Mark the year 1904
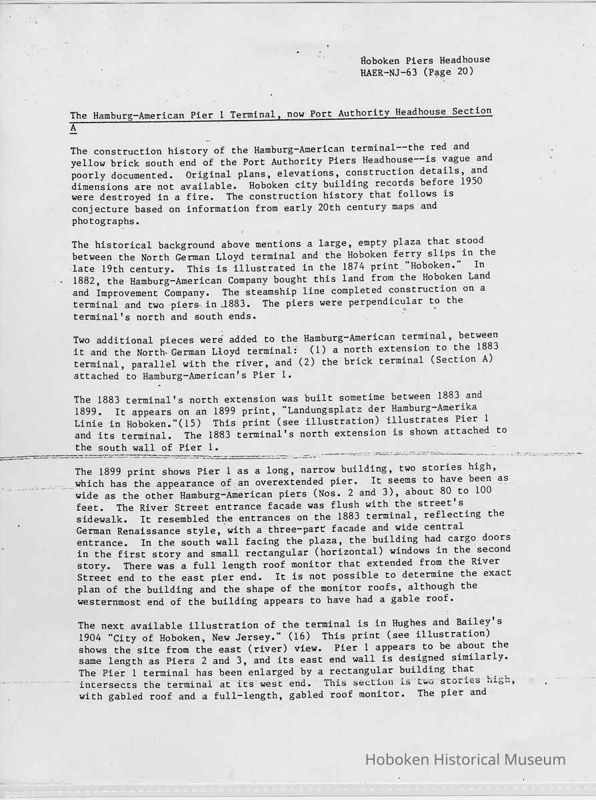point(92,637)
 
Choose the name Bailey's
point(478,622)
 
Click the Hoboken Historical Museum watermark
point(465,759)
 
